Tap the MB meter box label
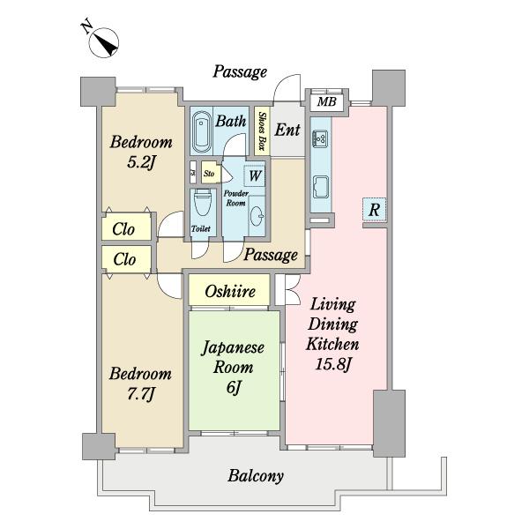326,101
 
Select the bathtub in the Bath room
201,132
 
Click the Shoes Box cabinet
262,130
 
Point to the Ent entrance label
287,130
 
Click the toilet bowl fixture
203,202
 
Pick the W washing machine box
255,175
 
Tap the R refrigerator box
374,210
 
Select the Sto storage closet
211,173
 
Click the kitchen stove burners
320,138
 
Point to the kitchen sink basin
321,187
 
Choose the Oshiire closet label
230,291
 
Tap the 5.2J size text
141,163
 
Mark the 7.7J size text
141,394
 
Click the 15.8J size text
333,364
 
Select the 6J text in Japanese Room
234,387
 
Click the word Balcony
256,476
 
